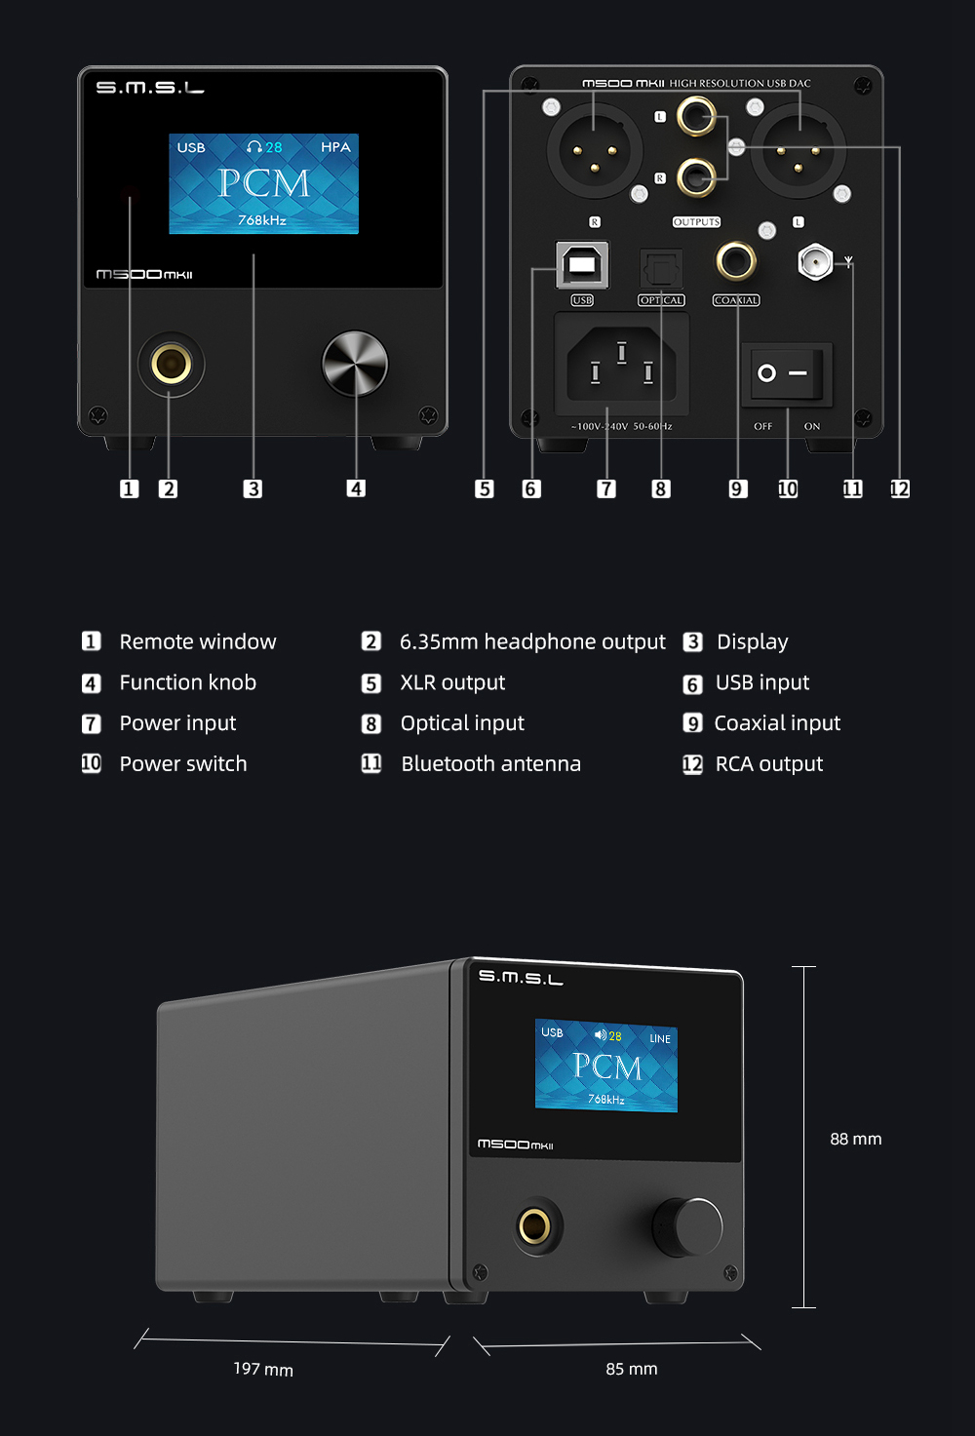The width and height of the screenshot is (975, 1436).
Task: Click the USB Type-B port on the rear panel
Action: point(582,265)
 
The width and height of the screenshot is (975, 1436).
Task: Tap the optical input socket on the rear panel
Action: point(661,268)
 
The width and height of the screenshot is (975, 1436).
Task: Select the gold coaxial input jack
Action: point(736,261)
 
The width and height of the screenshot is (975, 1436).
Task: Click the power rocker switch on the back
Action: point(787,373)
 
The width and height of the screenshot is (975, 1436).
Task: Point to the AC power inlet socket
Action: point(621,364)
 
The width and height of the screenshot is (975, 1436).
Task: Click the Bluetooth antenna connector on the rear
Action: point(815,262)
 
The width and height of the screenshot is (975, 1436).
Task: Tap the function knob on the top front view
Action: point(355,364)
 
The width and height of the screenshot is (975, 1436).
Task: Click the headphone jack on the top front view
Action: point(172,364)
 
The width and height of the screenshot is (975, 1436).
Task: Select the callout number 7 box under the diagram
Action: point(606,489)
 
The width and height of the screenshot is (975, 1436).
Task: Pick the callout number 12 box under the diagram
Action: point(899,489)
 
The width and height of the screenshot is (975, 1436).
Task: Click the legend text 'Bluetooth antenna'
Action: point(491,763)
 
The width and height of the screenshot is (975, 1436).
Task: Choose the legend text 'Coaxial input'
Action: point(777,723)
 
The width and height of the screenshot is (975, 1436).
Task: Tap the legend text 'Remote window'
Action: point(197,641)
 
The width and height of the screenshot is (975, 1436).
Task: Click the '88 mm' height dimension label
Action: point(856,1139)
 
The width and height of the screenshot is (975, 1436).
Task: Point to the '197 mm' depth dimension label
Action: point(263,1369)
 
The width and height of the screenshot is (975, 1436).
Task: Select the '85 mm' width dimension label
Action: point(632,1369)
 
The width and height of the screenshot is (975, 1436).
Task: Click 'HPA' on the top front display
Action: point(335,147)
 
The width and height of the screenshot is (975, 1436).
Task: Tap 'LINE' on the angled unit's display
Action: point(660,1038)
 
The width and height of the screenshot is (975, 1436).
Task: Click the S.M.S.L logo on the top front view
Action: point(150,88)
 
